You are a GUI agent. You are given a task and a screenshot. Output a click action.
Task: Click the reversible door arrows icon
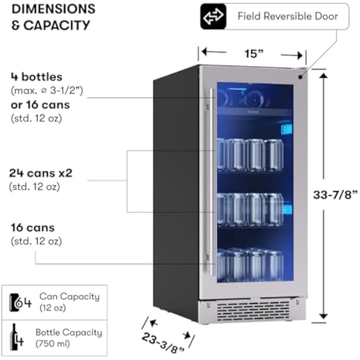[x=213, y=17]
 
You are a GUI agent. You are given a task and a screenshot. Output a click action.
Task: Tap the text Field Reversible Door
[x=288, y=17]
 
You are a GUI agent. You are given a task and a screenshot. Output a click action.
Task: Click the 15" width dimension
[x=253, y=54]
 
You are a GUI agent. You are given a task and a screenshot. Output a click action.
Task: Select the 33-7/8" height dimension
[x=335, y=195]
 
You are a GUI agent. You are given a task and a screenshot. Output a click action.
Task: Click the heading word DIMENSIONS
[x=53, y=9]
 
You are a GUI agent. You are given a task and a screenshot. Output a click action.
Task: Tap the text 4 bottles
[x=36, y=77]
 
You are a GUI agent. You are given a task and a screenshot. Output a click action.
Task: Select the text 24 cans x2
[x=40, y=173]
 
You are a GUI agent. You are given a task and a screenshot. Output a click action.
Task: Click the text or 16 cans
[x=40, y=105]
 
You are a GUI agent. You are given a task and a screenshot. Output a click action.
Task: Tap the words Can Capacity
[x=69, y=297]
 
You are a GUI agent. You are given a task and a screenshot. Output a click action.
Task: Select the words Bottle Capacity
[x=69, y=333]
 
